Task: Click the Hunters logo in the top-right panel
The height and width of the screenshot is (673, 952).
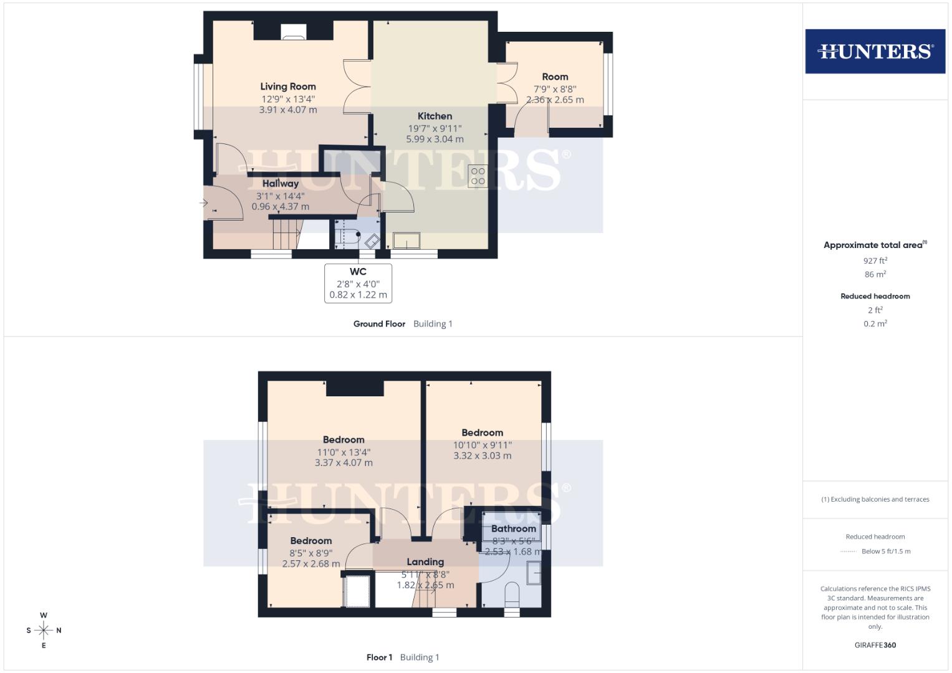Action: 875,51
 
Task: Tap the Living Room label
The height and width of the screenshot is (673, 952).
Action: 288,87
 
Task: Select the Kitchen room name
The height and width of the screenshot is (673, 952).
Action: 435,116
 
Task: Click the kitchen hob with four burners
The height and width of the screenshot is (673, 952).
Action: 478,176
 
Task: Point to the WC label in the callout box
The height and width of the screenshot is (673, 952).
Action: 358,272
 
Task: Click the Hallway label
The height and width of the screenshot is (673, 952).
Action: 281,183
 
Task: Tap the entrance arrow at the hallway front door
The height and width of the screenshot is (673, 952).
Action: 204,203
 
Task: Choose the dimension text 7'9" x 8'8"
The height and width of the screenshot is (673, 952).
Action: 555,89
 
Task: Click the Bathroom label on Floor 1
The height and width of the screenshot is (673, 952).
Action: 513,528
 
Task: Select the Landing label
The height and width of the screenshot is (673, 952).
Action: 425,562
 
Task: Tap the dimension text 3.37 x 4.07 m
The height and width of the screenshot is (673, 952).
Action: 344,463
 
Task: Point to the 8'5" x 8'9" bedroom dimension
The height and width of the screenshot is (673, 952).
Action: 310,553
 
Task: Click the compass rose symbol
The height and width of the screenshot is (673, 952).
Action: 44,630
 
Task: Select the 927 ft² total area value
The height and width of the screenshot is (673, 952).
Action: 875,261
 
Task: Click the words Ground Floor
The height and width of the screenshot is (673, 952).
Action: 379,324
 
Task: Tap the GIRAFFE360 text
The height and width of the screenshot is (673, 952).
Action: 875,645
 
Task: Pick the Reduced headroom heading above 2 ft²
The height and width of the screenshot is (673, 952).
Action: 875,296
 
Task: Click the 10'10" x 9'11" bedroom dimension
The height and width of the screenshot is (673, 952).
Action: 482,445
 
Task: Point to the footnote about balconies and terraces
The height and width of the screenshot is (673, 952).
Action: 875,499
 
